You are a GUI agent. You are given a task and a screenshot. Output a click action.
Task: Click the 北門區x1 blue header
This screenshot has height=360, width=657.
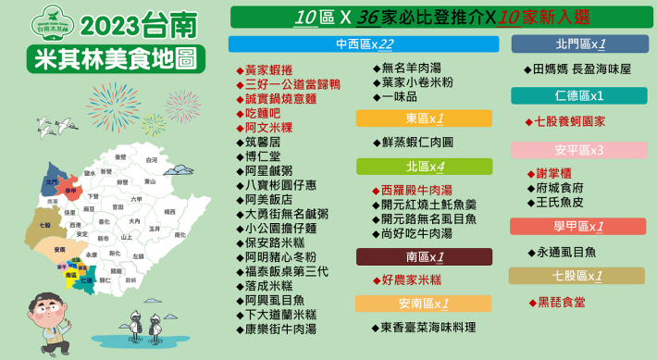click(579, 43)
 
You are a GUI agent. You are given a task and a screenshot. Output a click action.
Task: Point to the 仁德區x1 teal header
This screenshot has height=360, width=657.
click(579, 95)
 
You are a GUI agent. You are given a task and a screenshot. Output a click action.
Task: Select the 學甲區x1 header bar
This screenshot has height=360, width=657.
click(579, 226)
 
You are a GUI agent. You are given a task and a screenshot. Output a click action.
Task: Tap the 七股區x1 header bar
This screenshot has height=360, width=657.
click(579, 275)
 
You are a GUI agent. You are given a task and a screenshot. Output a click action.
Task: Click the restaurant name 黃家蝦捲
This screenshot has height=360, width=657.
click(267, 69)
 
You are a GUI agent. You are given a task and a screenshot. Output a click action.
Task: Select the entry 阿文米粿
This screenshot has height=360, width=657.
click(267, 128)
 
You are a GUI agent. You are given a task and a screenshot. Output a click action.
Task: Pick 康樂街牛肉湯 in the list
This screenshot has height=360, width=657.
click(280, 329)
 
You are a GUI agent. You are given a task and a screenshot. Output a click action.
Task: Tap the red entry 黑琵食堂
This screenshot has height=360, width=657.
click(561, 302)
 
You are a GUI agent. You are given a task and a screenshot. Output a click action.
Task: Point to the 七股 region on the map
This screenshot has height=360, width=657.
click(44, 224)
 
